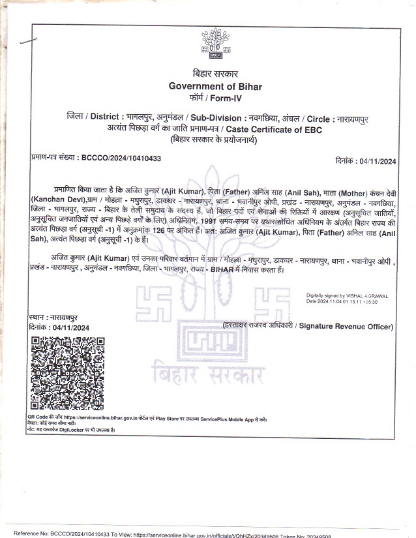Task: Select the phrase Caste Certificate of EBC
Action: [271, 129]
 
